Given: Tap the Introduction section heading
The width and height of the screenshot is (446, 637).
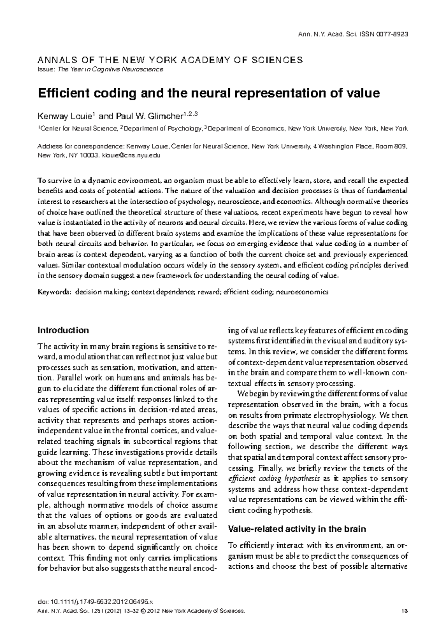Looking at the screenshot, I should pyautogui.click(x=63, y=330).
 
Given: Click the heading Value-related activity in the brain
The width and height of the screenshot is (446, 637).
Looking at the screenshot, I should pyautogui.click(x=297, y=529).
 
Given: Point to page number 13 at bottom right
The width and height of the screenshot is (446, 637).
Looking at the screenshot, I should pyautogui.click(x=404, y=611).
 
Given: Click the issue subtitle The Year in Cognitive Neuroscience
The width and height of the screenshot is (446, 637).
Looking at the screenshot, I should pyautogui.click(x=110, y=69).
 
